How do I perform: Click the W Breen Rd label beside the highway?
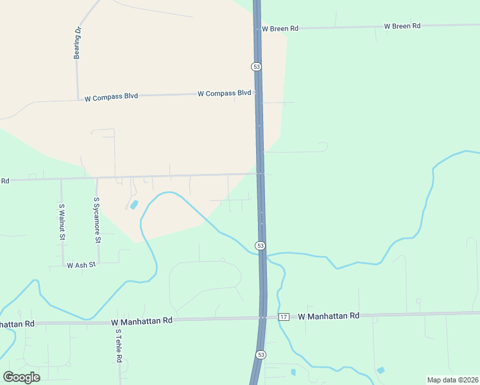pyautogui.click(x=280, y=28)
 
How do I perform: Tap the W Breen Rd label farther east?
pyautogui.click(x=402, y=26)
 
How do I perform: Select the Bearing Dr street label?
pyautogui.click(x=78, y=43)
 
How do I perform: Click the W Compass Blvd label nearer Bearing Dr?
pyautogui.click(x=111, y=98)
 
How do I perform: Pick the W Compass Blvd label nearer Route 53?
pyautogui.click(x=224, y=93)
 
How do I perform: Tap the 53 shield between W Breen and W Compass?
pyautogui.click(x=256, y=67)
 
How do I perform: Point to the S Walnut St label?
pyautogui.click(x=62, y=222)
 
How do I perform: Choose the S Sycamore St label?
pyautogui.click(x=98, y=220)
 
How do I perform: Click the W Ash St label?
pyautogui.click(x=81, y=264)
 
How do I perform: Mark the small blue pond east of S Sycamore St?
pyautogui.click(x=133, y=205)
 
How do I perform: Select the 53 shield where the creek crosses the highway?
pyautogui.click(x=260, y=246)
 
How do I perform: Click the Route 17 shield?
pyautogui.click(x=284, y=317)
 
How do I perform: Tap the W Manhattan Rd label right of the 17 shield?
pyautogui.click(x=328, y=316)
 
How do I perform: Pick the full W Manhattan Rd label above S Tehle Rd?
pyautogui.click(x=142, y=320)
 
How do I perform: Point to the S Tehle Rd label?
pyautogui.click(x=119, y=346)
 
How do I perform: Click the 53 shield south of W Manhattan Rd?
pyautogui.click(x=261, y=354)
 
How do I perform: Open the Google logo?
pyautogui.click(x=21, y=377)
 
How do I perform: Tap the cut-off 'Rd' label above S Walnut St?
pyautogui.click(x=4, y=181)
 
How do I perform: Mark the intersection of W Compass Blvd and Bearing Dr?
pyautogui.click(x=78, y=99)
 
